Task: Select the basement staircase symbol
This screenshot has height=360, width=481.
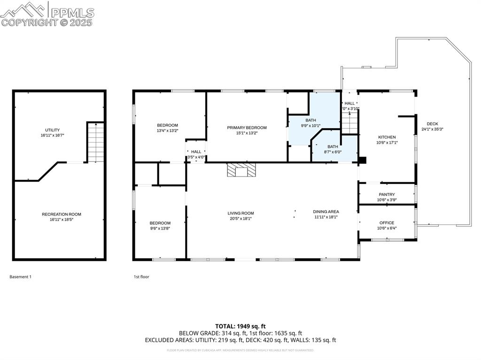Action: (95, 142)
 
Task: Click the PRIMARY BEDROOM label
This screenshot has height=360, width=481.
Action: (247, 128)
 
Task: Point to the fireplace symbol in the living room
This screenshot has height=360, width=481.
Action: (241, 170)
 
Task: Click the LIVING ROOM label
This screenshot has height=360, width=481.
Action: (240, 213)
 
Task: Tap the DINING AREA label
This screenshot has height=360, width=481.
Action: (326, 212)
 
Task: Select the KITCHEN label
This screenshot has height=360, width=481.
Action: (387, 137)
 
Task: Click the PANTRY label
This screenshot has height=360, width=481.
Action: (387, 194)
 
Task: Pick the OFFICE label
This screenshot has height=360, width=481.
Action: (387, 223)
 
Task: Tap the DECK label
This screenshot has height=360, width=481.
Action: (432, 124)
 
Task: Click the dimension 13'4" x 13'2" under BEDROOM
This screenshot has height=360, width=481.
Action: (168, 131)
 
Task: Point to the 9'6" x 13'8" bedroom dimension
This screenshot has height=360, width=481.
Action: (160, 229)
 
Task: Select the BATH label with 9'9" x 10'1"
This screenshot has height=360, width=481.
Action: (310, 120)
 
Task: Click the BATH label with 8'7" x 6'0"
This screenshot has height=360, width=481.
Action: (333, 146)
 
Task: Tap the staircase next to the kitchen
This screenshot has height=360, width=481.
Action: (349, 123)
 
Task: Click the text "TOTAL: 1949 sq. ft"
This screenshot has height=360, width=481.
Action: (240, 326)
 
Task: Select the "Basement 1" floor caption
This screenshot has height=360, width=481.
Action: (20, 277)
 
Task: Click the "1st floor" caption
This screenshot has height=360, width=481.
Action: (141, 277)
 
